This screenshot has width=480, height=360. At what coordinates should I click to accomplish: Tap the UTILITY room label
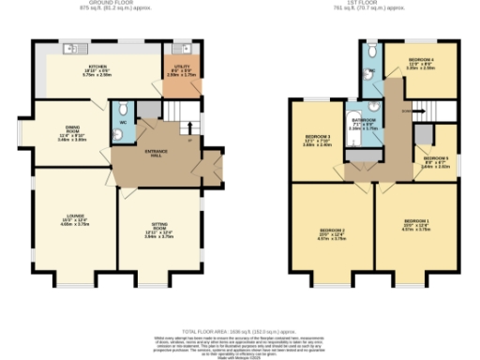click(x=182, y=67)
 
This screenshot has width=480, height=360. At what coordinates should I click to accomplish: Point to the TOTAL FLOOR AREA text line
click(x=239, y=332)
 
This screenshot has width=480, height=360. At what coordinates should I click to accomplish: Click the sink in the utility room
click(x=178, y=48)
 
